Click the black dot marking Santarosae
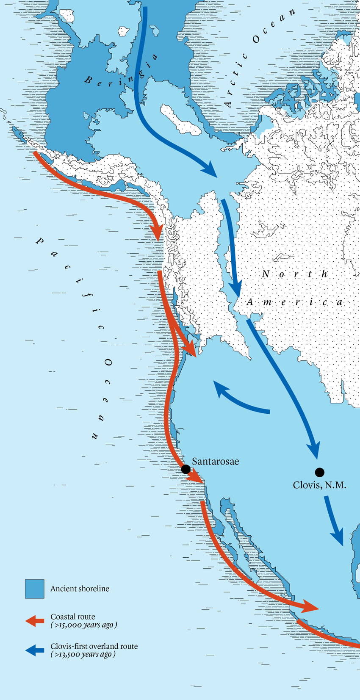186,469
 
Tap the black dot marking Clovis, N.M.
320,472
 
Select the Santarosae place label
215,461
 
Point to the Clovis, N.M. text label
319,485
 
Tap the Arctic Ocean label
259,57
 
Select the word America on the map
294,302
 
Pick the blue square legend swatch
34,589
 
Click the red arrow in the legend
35,621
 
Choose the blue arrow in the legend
35,650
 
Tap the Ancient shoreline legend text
80,589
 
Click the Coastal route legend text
73,617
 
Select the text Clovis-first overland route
94,647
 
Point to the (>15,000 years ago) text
83,625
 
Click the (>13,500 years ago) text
83,655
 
